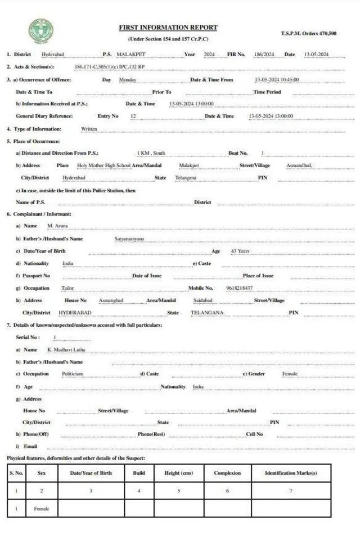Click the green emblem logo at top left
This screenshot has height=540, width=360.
[41, 31]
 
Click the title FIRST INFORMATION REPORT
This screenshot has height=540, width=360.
[168, 28]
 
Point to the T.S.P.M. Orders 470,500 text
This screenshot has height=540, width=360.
[309, 34]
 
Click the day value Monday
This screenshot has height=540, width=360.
[128, 80]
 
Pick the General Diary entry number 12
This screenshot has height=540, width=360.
[133, 116]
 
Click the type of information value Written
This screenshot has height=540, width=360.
[89, 129]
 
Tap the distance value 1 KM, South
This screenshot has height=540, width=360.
[151, 153]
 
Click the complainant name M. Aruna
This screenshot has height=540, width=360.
[57, 226]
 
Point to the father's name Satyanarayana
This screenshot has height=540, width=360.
[129, 239]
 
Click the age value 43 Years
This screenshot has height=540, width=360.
[240, 251]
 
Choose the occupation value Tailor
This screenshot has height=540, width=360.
[67, 288]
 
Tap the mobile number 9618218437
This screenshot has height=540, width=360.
[239, 288]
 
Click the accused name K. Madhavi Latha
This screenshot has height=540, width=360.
[66, 350]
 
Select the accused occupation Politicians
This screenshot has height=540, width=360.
[73, 373]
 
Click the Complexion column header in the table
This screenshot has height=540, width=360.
[227, 473]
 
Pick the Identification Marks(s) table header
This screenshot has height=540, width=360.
[291, 473]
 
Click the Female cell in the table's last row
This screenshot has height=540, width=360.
[42, 508]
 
